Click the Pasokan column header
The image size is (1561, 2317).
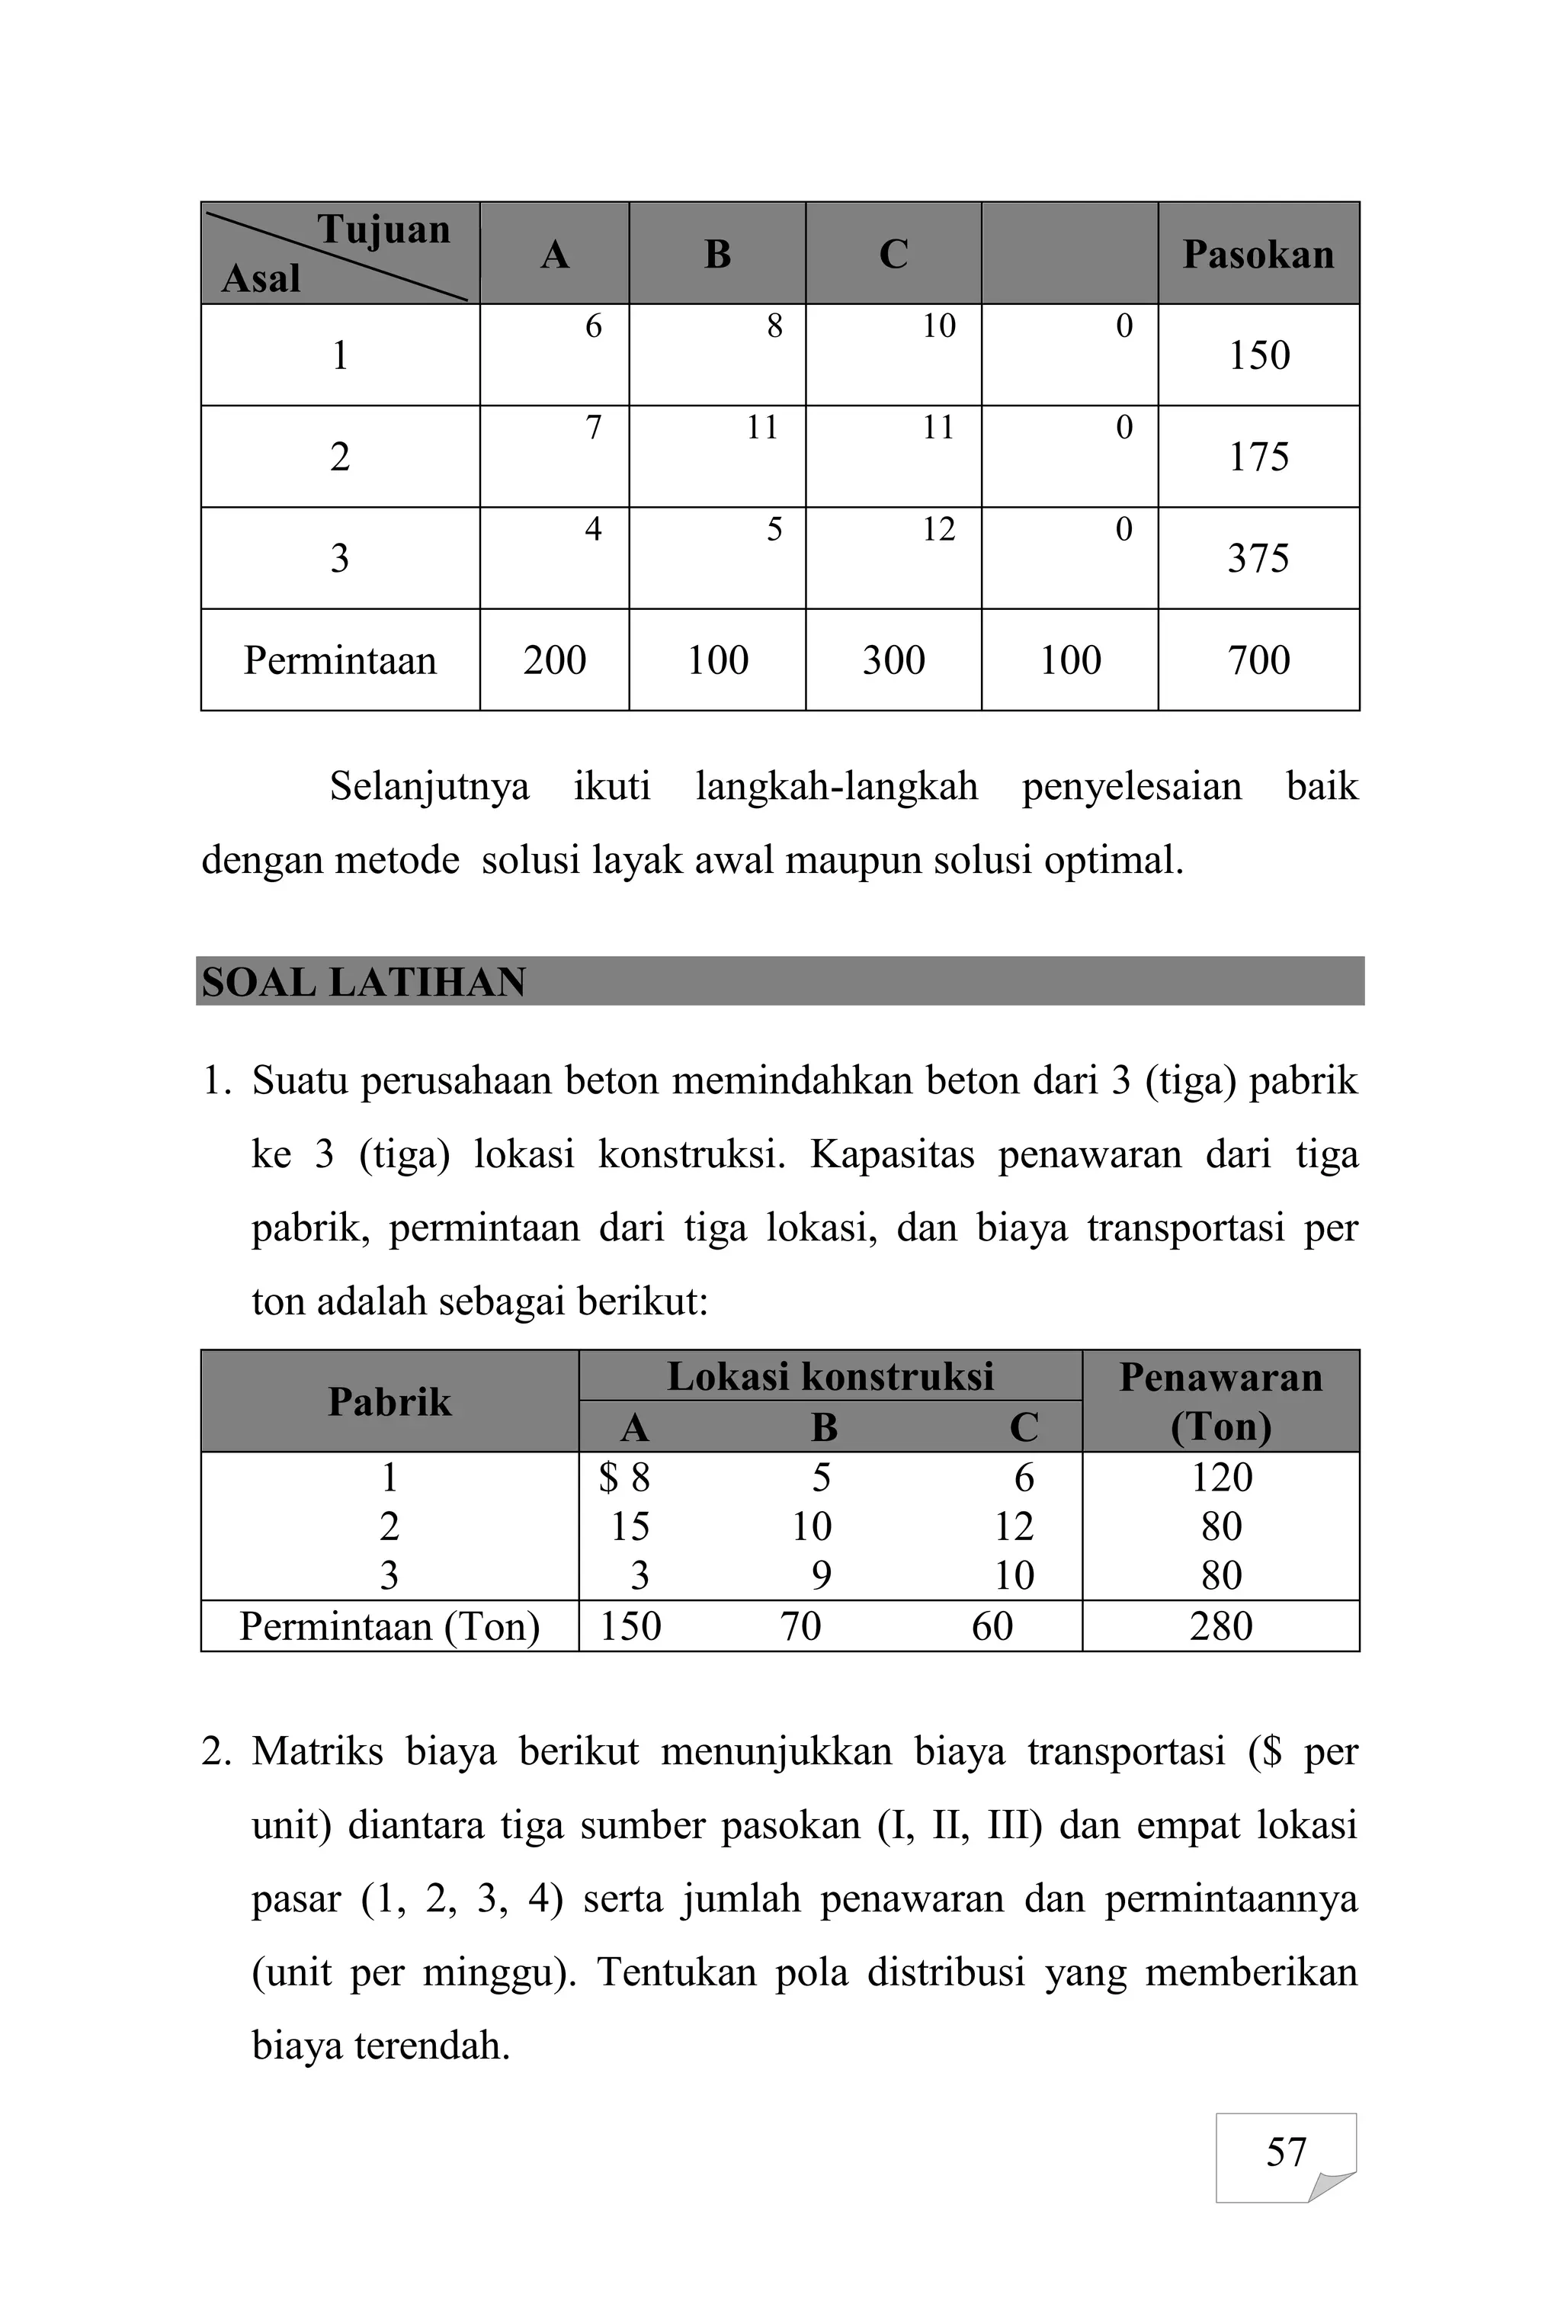click(1258, 255)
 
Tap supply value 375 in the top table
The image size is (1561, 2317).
click(1258, 559)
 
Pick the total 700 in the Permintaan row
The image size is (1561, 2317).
click(1258, 660)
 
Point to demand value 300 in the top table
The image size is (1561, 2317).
click(893, 660)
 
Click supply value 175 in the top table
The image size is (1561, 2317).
click(1258, 457)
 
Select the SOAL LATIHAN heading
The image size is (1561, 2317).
click(364, 983)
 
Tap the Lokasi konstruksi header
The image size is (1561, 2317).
click(829, 1377)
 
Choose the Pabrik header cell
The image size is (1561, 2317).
click(389, 1402)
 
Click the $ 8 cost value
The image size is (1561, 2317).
click(624, 1478)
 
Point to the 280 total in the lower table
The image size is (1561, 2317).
click(1220, 1626)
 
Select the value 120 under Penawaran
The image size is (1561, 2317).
click(1220, 1478)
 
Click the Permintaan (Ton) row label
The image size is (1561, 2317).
click(389, 1626)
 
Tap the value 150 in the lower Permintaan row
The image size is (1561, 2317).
click(630, 1626)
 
